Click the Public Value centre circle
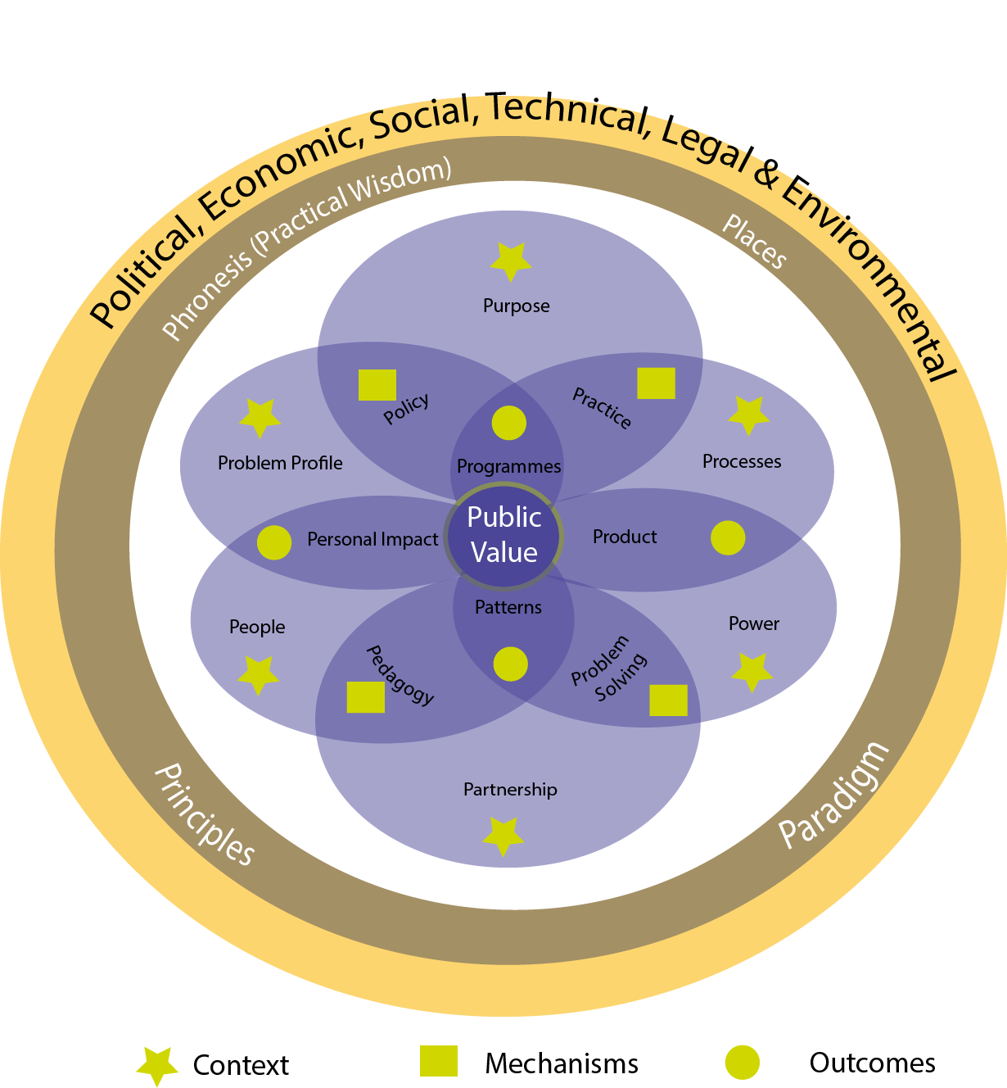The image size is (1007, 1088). (x=503, y=536)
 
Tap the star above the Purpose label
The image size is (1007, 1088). (x=511, y=261)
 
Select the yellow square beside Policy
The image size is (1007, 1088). (x=377, y=385)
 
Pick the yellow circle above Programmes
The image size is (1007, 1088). (x=509, y=423)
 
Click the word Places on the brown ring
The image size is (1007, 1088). (x=754, y=241)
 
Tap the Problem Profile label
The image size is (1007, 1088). (x=280, y=463)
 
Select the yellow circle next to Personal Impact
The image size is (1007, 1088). (x=274, y=542)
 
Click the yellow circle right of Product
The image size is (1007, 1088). (x=728, y=537)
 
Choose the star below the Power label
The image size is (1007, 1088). (x=752, y=672)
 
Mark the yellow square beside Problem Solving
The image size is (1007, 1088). (x=668, y=700)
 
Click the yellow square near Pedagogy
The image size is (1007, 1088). (x=366, y=696)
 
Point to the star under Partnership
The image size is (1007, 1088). (x=503, y=836)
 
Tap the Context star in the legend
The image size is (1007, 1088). (x=156, y=1065)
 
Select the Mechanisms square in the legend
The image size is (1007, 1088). (x=439, y=1061)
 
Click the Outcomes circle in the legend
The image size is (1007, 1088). (x=743, y=1063)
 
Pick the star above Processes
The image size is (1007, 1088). (x=749, y=415)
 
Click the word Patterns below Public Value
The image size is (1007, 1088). (x=508, y=607)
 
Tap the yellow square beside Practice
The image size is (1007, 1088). (x=657, y=383)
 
